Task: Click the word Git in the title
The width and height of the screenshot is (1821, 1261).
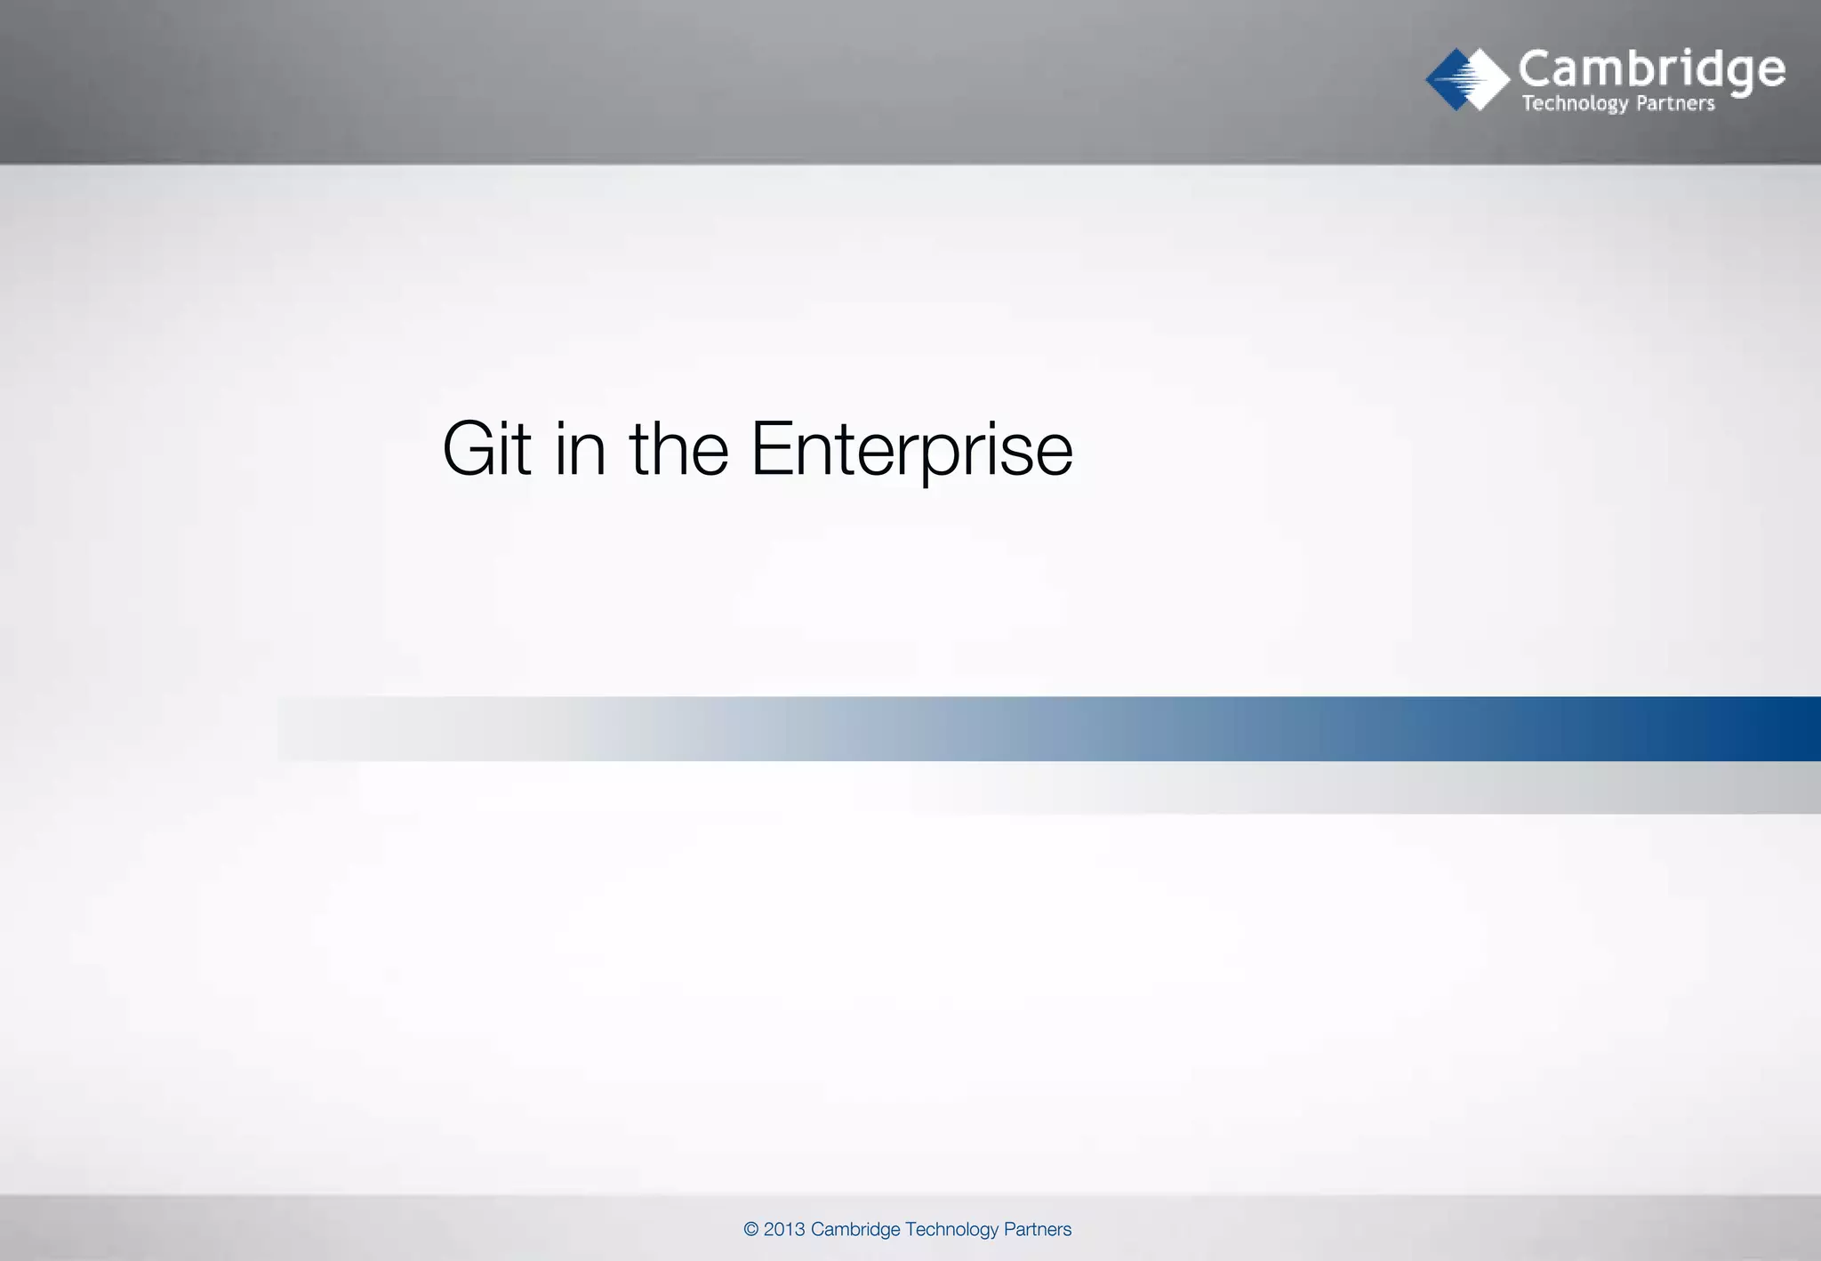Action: (486, 449)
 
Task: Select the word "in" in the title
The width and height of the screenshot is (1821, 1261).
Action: (580, 449)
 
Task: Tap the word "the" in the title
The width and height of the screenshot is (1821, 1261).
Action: (679, 449)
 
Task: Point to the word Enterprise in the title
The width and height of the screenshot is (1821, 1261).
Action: (911, 451)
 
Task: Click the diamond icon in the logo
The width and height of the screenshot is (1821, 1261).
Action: (1467, 79)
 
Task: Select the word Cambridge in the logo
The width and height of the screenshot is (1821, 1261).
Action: (1651, 69)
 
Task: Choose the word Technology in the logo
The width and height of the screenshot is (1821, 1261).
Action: (1575, 104)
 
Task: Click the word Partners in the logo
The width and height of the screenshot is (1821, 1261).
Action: (1675, 103)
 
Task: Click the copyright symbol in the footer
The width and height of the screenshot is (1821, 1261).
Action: (751, 1229)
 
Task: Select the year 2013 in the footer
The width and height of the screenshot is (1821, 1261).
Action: (784, 1229)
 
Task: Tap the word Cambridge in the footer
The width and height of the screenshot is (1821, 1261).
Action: (855, 1229)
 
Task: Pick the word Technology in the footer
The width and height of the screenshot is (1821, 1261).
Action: (951, 1229)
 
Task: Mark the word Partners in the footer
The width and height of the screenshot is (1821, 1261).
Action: (1038, 1229)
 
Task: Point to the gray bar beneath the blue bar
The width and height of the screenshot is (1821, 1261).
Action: (1512, 788)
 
